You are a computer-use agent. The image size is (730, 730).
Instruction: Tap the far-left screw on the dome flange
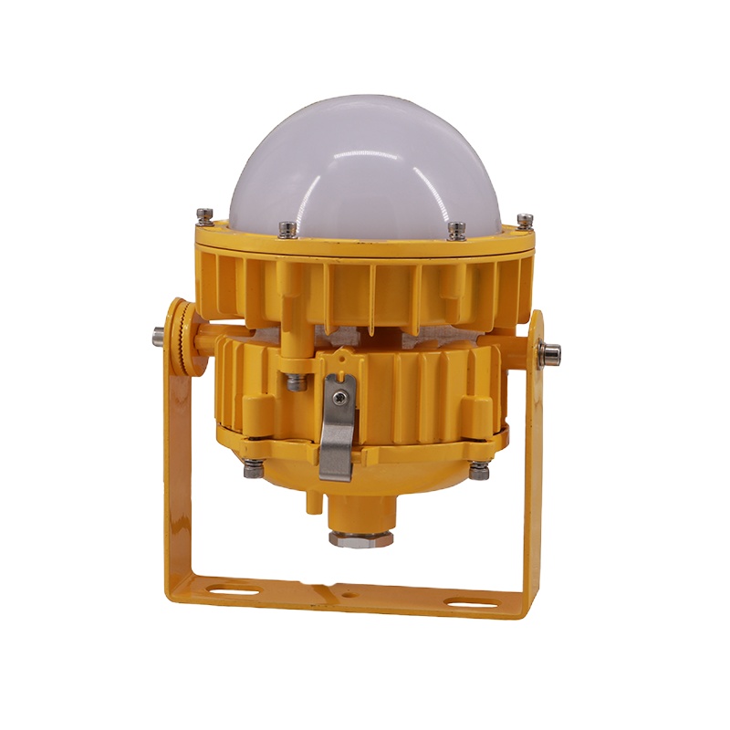(x=203, y=216)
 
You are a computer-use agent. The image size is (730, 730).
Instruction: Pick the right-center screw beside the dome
(x=454, y=228)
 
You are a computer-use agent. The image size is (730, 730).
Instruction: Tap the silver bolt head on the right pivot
(x=552, y=351)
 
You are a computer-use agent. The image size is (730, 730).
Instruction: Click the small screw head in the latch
(x=339, y=397)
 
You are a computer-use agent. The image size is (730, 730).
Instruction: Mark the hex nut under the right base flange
(x=478, y=470)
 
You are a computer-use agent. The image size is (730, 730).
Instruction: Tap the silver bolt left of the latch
(x=293, y=382)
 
